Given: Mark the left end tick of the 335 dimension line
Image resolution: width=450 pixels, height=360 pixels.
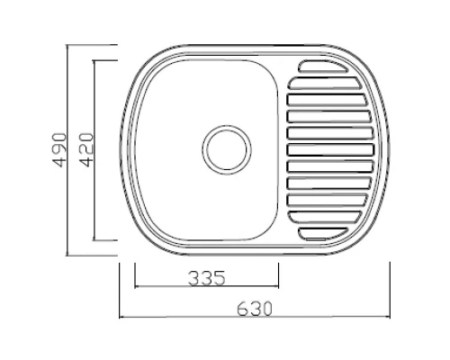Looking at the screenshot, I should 135,286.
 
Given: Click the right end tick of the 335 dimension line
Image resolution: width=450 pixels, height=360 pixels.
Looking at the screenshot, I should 280,286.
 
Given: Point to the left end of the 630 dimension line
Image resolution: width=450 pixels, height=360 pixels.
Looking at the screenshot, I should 120,316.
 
